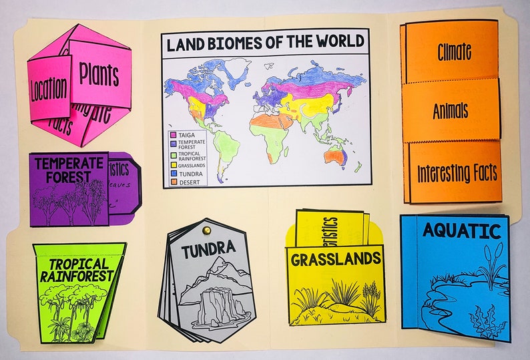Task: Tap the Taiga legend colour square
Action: (x=173, y=134)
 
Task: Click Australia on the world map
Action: (x=334, y=156)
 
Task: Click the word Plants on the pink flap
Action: (x=99, y=73)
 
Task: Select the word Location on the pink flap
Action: (x=48, y=89)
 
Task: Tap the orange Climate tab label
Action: (x=454, y=51)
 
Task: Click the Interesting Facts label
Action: (x=457, y=173)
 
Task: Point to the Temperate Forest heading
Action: (x=69, y=170)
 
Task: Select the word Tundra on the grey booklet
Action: (x=208, y=249)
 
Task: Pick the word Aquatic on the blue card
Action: (x=461, y=232)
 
